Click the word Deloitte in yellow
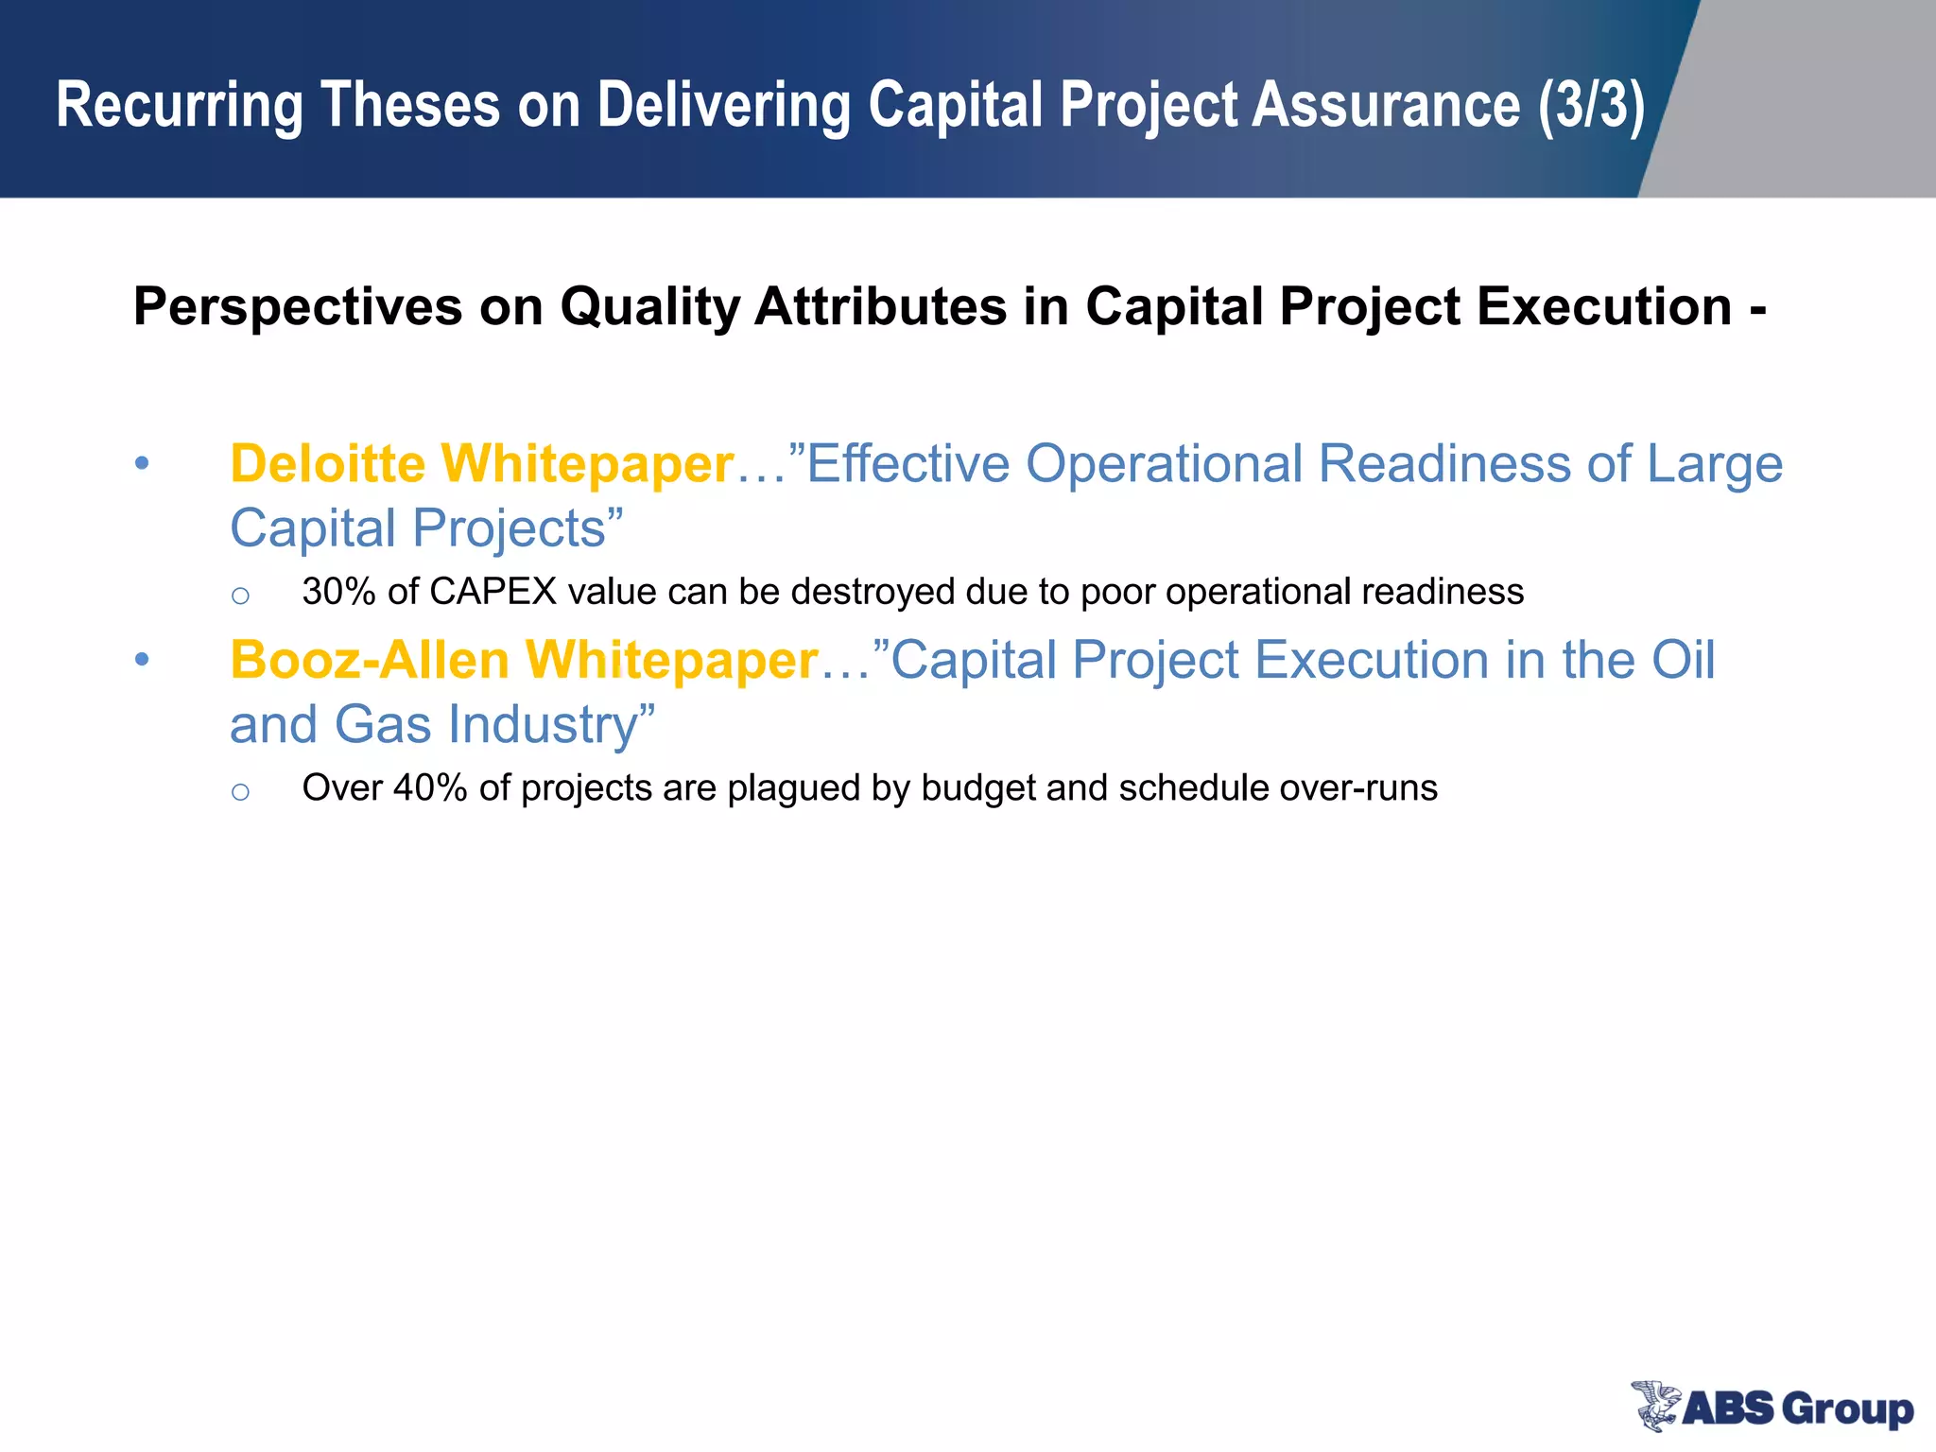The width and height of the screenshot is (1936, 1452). [327, 464]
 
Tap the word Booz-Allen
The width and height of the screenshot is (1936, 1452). [370, 660]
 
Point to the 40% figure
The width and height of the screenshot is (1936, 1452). [429, 788]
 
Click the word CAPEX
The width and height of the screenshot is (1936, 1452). [493, 592]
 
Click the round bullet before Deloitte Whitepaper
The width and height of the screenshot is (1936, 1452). [142, 463]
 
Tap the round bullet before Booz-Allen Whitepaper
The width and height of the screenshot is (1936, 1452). [142, 659]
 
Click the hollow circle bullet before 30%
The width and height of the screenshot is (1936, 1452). [240, 596]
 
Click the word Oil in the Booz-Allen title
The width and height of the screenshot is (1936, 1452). [1682, 660]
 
